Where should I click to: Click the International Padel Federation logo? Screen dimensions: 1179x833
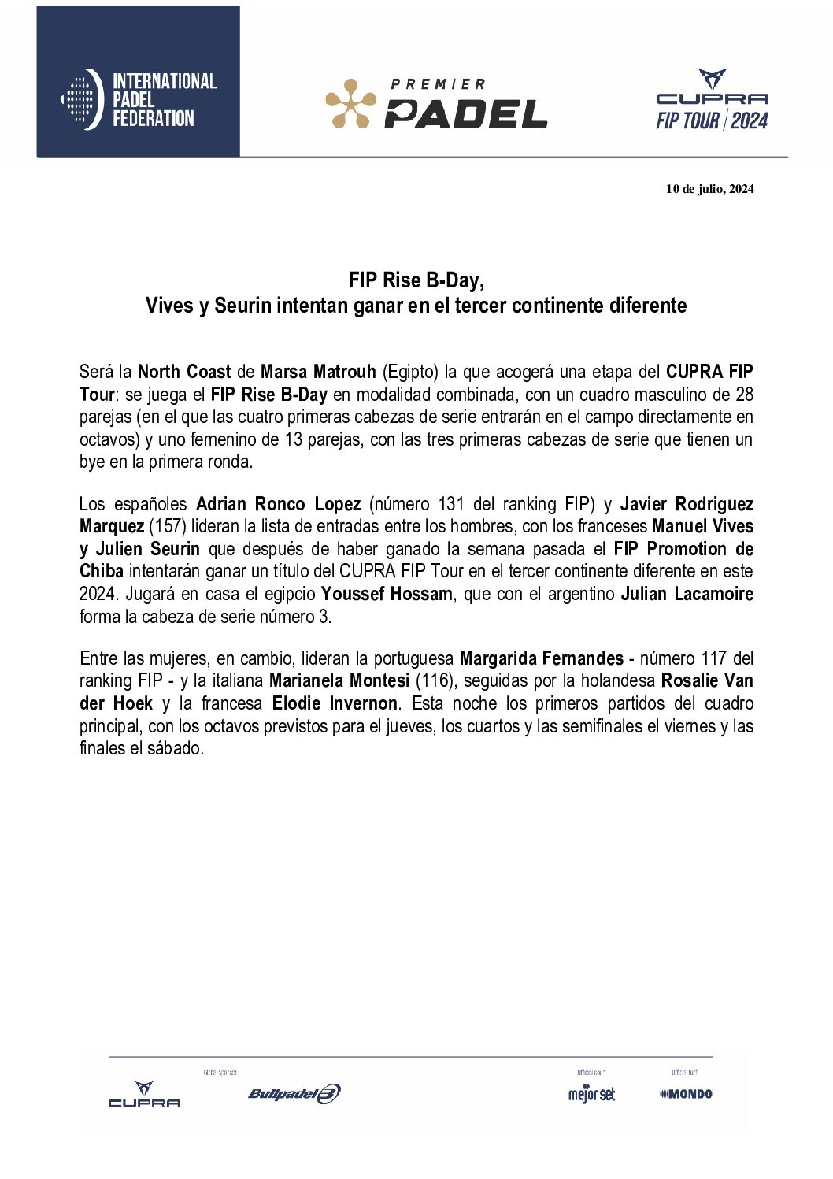pyautogui.click(x=139, y=99)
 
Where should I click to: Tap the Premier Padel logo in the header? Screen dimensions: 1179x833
pyautogui.click(x=437, y=103)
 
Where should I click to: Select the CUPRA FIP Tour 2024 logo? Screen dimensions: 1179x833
pyautogui.click(x=712, y=100)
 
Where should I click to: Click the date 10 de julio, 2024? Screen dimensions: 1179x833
pyautogui.click(x=709, y=188)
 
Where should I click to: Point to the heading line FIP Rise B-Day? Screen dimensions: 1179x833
pyautogui.click(x=416, y=280)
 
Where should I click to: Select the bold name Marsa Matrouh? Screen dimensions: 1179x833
pyautogui.click(x=318, y=372)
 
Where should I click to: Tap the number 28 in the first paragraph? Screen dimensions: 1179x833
pyautogui.click(x=743, y=395)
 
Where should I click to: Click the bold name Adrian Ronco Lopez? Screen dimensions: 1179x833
pyautogui.click(x=278, y=504)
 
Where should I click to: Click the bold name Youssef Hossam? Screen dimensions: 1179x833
pyautogui.click(x=387, y=594)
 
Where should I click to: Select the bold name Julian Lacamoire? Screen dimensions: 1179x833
pyautogui.click(x=687, y=594)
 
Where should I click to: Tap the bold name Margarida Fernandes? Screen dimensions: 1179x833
pyautogui.click(x=541, y=658)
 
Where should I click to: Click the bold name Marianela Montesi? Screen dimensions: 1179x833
pyautogui.click(x=339, y=680)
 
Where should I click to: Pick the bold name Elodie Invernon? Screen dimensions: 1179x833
pyautogui.click(x=335, y=703)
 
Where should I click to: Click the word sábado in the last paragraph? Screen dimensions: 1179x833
pyautogui.click(x=174, y=748)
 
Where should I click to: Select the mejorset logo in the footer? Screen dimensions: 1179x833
pyautogui.click(x=591, y=1094)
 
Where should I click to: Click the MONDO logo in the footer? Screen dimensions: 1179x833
pyautogui.click(x=686, y=1093)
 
